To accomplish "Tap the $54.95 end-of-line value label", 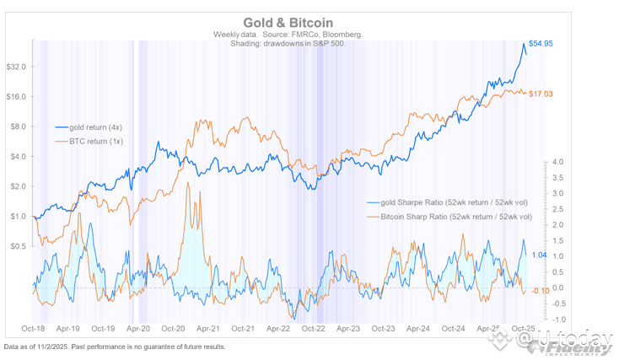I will tap(540, 43).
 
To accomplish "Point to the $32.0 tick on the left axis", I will tap(17, 67).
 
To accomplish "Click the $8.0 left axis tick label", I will tap(19, 126).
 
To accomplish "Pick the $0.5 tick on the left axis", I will tap(19, 246).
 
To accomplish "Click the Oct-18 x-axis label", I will tap(33, 329).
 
